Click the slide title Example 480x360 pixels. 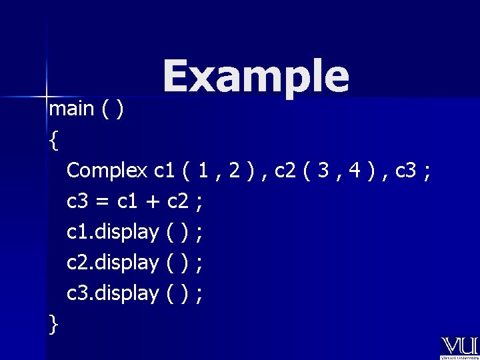pos(255,77)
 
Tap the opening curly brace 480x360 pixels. pos(53,140)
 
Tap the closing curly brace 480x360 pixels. pos(53,324)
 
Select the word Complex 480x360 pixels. pos(107,171)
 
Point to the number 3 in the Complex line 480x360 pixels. pos(322,171)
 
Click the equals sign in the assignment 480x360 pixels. pos(103,201)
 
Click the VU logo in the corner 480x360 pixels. pos(459,347)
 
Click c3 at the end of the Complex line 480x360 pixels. pos(407,171)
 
